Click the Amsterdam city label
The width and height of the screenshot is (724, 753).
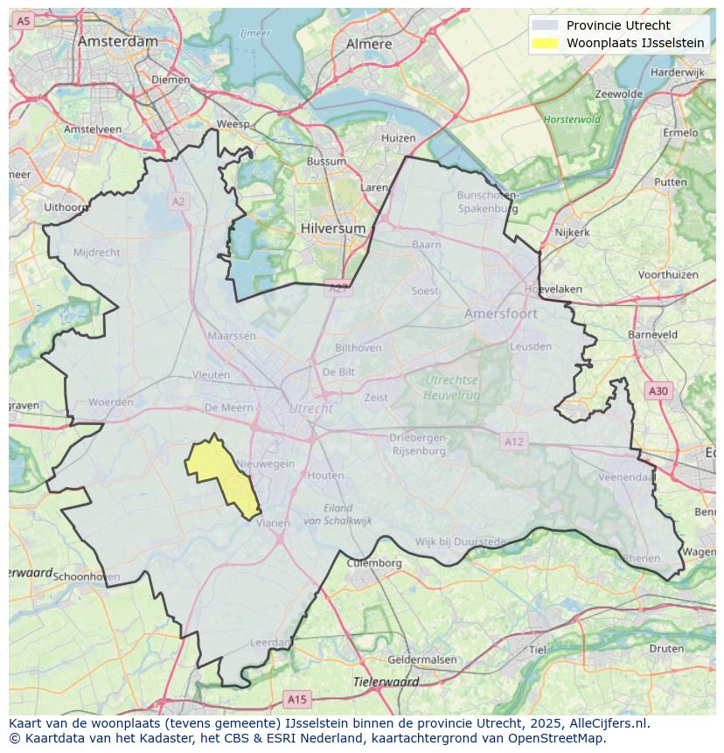[x=118, y=41]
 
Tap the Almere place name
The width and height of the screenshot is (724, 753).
[x=369, y=44]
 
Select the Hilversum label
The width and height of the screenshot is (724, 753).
[x=332, y=227]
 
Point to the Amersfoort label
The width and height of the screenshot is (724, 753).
[x=501, y=313]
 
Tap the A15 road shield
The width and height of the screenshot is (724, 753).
[x=297, y=699]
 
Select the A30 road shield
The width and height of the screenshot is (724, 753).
[x=658, y=391]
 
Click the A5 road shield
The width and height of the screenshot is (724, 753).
[x=24, y=20]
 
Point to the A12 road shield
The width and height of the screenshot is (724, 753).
[x=513, y=442]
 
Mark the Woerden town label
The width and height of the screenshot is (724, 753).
[x=111, y=402]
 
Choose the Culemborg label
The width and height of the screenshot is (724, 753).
[x=374, y=563]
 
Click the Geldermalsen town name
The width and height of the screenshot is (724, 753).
[x=421, y=659]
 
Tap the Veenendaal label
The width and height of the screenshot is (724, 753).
[x=626, y=478]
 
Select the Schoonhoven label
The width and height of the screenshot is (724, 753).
[x=87, y=577]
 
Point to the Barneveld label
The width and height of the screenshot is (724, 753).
[x=652, y=334]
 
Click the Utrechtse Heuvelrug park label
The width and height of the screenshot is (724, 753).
[x=451, y=387]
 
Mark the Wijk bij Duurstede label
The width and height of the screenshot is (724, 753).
[x=460, y=542]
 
